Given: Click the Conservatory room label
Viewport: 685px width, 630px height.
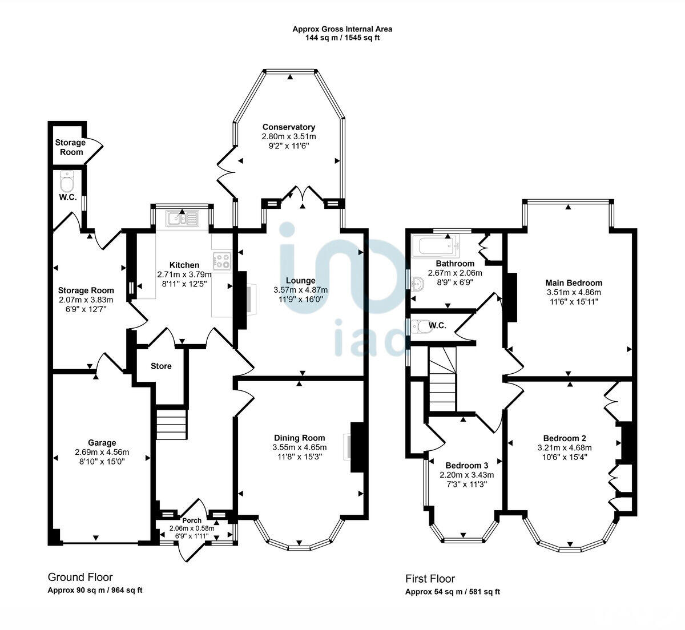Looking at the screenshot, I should (x=289, y=127).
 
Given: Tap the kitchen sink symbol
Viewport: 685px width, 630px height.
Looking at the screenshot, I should (x=182, y=217).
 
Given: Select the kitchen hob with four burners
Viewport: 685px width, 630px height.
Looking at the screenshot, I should (x=221, y=261).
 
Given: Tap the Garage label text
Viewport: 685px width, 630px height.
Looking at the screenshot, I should (x=102, y=442).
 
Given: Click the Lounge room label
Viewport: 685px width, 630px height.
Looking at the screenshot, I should (x=300, y=280).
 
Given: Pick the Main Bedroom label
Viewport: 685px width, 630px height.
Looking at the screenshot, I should (x=574, y=282).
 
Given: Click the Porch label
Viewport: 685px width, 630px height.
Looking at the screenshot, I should (x=192, y=520).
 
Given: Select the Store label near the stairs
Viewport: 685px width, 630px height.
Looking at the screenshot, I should (x=161, y=366).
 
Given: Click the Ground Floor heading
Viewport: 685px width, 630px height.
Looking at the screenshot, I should (x=80, y=577).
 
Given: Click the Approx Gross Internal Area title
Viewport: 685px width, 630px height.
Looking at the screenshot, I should (x=342, y=29).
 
